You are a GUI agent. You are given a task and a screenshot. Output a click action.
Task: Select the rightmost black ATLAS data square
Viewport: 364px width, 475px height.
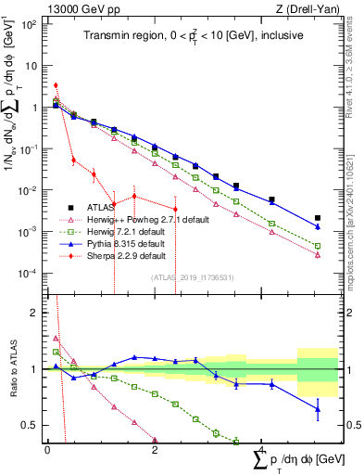(318, 218)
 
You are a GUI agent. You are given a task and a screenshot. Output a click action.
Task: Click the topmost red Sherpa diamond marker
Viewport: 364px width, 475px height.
(56, 85)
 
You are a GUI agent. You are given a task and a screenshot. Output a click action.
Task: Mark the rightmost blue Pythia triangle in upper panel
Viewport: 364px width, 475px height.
(318, 226)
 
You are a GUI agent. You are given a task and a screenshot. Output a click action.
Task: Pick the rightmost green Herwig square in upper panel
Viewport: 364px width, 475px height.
(318, 246)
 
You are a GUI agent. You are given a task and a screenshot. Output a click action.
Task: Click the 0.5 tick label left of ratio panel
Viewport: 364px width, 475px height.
(29, 425)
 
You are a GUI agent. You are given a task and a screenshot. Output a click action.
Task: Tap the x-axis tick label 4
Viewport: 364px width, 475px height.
(263, 450)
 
